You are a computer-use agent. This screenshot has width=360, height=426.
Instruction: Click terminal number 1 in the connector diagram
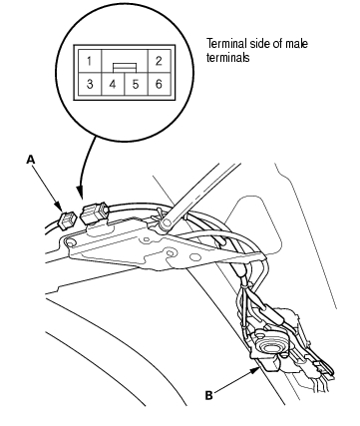click(89, 61)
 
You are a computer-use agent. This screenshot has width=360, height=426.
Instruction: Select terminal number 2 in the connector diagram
click(159, 61)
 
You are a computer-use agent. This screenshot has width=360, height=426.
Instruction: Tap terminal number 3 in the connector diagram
click(90, 84)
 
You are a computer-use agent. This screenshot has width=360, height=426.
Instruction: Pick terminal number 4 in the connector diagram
click(113, 84)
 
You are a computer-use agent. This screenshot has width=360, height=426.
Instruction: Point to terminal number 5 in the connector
click(136, 84)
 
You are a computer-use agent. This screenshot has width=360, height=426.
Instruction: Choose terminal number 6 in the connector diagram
click(159, 84)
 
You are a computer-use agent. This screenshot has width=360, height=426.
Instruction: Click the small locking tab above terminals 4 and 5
click(125, 67)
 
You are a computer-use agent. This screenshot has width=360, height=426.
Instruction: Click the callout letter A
click(31, 160)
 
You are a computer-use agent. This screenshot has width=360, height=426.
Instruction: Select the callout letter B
click(208, 396)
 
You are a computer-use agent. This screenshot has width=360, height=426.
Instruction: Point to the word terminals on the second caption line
click(227, 58)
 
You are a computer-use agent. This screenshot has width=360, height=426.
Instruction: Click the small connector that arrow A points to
click(65, 218)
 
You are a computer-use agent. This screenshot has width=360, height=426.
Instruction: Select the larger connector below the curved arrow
click(95, 213)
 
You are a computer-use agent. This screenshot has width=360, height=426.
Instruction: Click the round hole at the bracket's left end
click(71, 244)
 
